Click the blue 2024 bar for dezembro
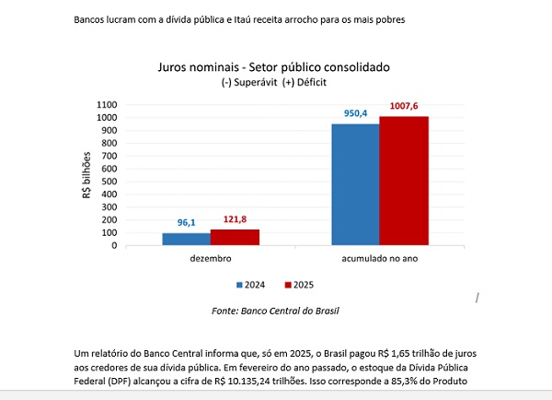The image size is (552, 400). coord(186,239)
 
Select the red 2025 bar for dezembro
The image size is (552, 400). coord(235,237)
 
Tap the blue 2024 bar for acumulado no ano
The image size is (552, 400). coord(355,184)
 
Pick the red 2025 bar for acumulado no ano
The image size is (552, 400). coord(404,181)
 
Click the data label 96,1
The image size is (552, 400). coord(188,223)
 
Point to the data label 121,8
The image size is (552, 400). coord(236,219)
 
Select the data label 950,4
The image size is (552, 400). coord(355,114)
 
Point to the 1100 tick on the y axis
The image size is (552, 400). coord(108,104)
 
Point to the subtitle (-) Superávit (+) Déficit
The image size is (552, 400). coord(274,82)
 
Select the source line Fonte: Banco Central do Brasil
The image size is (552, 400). coord(275,312)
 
